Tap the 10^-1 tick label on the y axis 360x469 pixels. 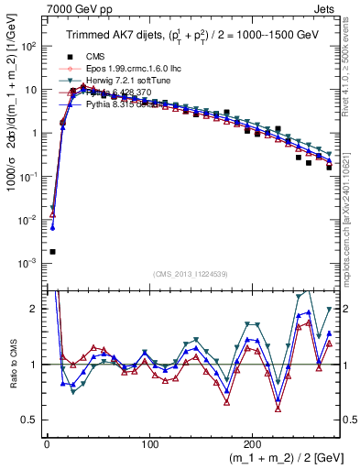(28, 176)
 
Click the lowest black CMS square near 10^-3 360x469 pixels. (52, 252)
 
